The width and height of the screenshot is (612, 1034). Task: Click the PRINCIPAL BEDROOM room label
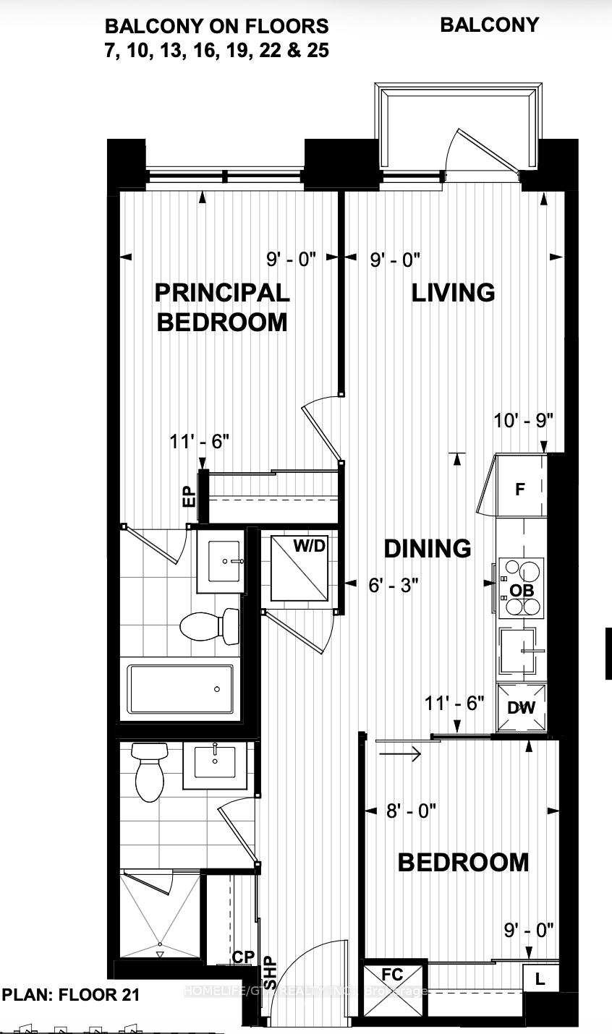(x=223, y=307)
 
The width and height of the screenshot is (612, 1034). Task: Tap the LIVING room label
(x=453, y=292)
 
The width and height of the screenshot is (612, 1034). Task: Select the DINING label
(x=427, y=548)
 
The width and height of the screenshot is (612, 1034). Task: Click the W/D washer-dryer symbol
(x=300, y=568)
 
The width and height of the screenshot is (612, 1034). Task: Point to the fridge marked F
(x=519, y=489)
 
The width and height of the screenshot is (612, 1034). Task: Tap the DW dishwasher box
(x=521, y=707)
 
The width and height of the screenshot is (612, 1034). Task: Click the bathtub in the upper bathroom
(x=181, y=688)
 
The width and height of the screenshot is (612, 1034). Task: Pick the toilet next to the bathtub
(x=210, y=626)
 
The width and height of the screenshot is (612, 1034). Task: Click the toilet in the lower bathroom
(x=150, y=772)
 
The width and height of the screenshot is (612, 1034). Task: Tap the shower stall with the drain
(x=159, y=915)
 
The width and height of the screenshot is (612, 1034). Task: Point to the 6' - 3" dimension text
(x=394, y=584)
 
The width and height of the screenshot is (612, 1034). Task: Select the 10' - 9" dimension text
(x=524, y=420)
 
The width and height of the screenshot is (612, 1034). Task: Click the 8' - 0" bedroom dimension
(x=411, y=811)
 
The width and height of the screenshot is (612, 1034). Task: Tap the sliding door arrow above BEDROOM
(x=399, y=755)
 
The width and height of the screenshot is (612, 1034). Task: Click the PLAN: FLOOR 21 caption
(x=71, y=994)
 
